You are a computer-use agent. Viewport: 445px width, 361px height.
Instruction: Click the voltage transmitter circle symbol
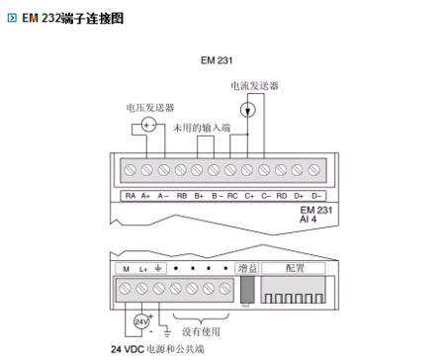coord(148,124)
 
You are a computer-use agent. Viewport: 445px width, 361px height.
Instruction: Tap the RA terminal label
coord(130,195)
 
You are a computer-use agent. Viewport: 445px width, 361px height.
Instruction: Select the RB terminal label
coord(181,195)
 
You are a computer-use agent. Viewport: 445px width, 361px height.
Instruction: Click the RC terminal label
coord(232,195)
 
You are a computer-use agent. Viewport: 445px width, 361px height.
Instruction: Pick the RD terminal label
coord(282,195)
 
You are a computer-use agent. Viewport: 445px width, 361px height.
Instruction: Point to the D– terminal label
coord(316,195)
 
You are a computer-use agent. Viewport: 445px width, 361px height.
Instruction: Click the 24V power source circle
coord(141,321)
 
